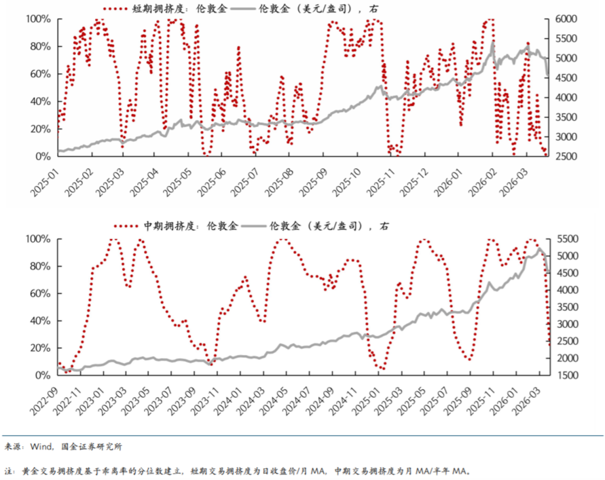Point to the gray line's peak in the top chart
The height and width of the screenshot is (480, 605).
493,41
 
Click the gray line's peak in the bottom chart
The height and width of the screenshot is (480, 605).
540,249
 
